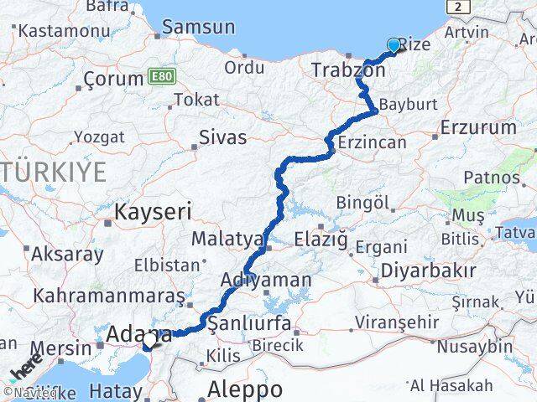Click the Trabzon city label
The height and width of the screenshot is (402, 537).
pyautogui.click(x=347, y=70)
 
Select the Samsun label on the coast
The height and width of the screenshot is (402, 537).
pyautogui.click(x=199, y=27)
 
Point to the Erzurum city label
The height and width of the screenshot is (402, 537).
pyautogui.click(x=478, y=127)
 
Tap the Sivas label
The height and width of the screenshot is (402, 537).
pyautogui.click(x=222, y=137)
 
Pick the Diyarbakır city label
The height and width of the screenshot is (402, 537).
pyautogui.click(x=428, y=271)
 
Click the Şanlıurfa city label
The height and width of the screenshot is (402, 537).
pyautogui.click(x=249, y=323)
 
